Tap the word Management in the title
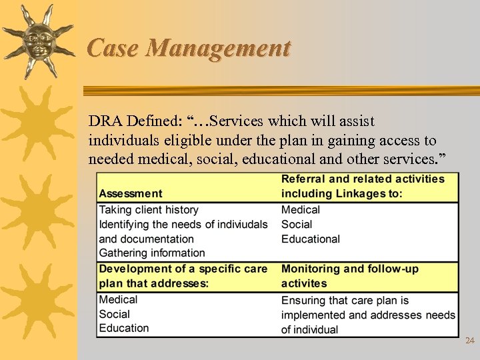(x=219, y=48)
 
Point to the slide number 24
(x=469, y=341)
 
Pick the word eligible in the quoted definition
(x=174, y=141)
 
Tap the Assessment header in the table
(x=131, y=193)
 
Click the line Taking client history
(x=149, y=209)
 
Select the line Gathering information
(x=152, y=253)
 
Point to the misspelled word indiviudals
(x=237, y=224)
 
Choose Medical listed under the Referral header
(x=301, y=209)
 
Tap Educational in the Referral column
(x=311, y=239)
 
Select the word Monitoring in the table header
(x=311, y=269)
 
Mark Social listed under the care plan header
(x=114, y=314)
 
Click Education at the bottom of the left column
(x=124, y=328)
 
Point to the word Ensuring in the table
(x=304, y=301)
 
